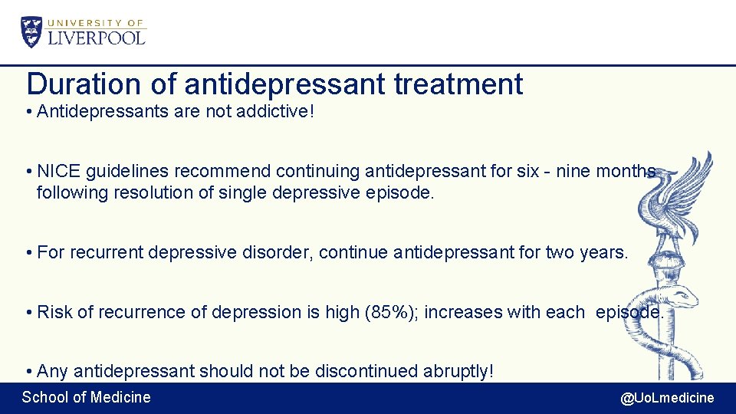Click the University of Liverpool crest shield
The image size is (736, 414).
point(32,32)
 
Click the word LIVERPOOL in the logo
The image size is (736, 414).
point(97,37)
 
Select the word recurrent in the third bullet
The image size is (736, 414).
point(107,252)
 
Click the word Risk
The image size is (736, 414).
point(54,312)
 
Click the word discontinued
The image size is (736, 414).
point(365,372)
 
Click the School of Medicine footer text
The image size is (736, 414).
point(87,397)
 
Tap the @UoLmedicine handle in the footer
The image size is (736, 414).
point(667,398)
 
